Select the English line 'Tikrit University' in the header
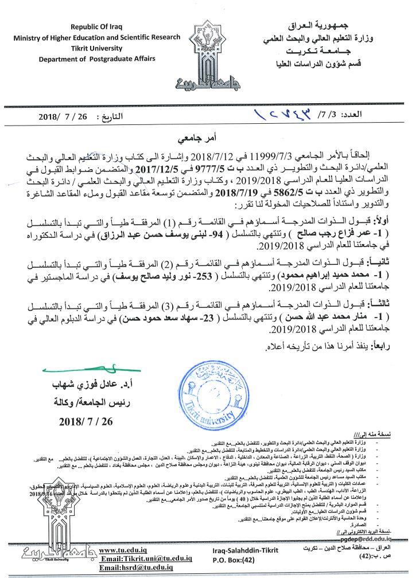(x=100, y=48)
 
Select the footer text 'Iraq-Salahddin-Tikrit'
(x=238, y=551)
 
